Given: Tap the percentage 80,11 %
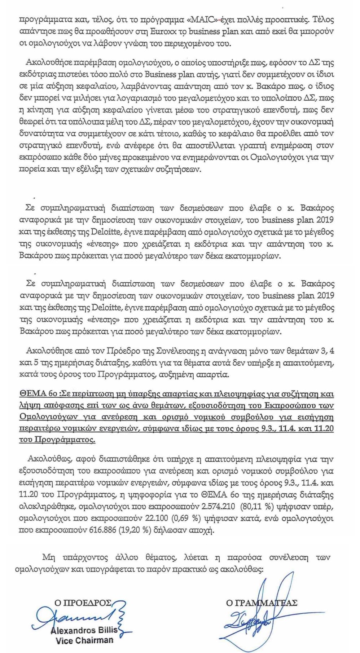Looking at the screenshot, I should click(x=256, y=506).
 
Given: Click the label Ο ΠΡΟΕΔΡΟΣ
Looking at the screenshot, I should click(x=83, y=603).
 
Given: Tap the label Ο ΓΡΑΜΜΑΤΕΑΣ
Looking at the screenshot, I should click(x=262, y=603).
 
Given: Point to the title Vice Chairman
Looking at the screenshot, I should click(x=84, y=640).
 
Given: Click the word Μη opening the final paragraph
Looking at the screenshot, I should click(x=48, y=557).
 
